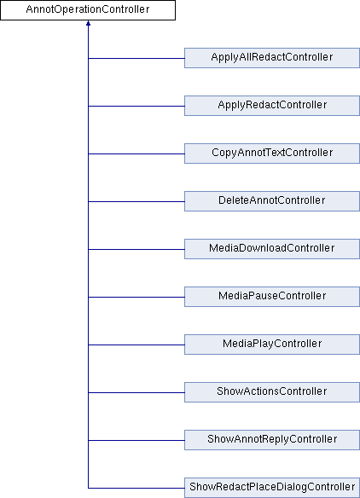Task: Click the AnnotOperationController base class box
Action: [88, 10]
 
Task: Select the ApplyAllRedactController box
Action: [272, 58]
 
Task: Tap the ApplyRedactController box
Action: [272, 106]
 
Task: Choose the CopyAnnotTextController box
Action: [272, 153]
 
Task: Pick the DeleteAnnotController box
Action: [272, 201]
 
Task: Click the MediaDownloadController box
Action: [272, 249]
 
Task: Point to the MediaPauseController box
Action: [272, 297]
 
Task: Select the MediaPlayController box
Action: [272, 345]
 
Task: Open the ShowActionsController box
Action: [272, 392]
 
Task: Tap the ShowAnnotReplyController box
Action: [272, 440]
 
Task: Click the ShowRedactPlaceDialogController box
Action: [272, 488]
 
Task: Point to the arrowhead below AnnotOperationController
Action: [88, 23]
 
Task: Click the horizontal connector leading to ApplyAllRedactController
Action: [136, 59]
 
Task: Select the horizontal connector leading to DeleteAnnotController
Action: [136, 202]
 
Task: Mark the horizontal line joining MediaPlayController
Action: [136, 345]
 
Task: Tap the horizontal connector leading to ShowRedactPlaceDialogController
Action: [136, 488]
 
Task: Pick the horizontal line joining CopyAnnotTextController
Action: [136, 154]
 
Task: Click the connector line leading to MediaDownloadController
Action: [136, 249]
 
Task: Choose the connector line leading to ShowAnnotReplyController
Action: [136, 441]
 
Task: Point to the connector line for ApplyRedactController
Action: [136, 106]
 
